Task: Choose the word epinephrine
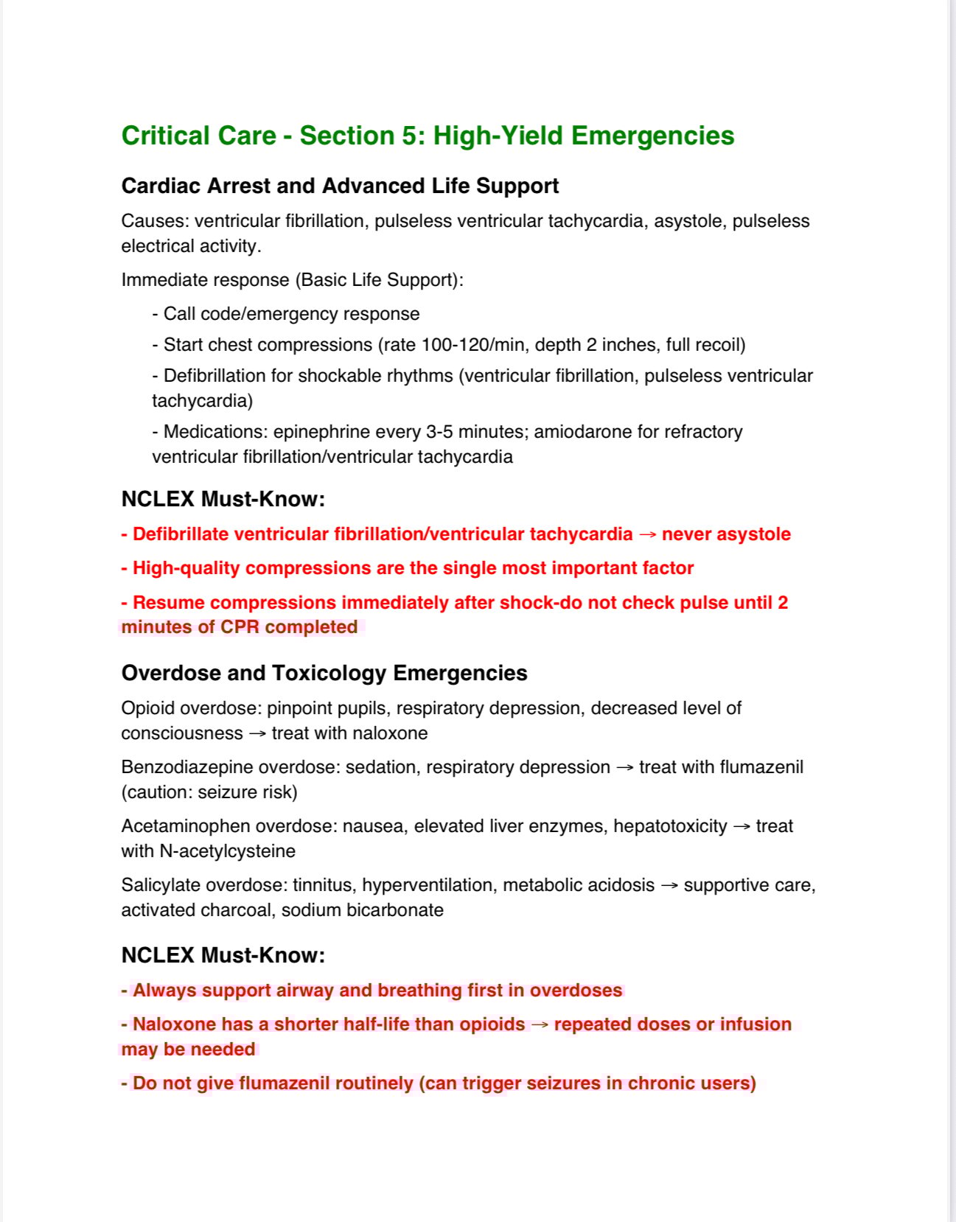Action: tap(321, 432)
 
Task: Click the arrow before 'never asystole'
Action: tap(647, 535)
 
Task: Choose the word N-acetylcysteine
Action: tap(227, 851)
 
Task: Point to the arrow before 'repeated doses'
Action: tap(540, 1025)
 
